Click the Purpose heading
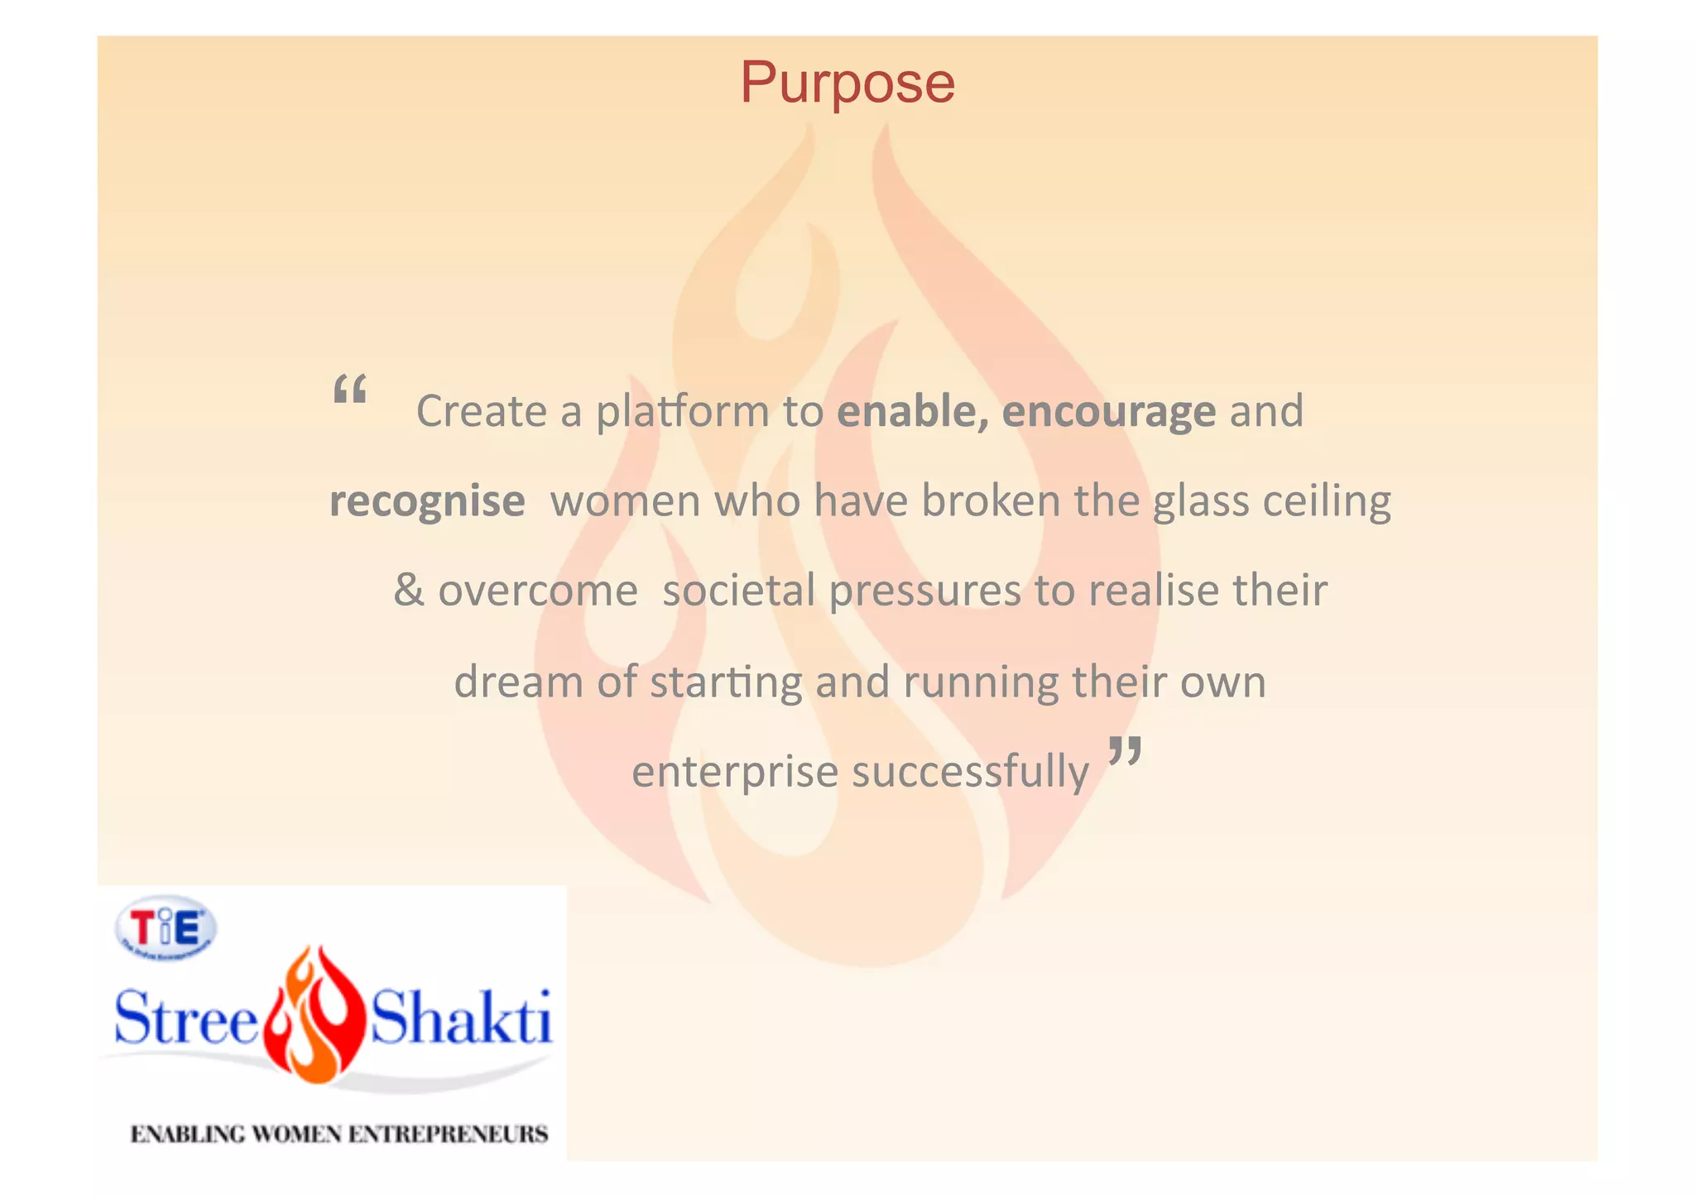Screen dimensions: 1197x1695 847,84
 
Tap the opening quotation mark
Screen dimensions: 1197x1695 349,389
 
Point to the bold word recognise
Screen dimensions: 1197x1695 427,501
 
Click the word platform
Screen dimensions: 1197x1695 683,411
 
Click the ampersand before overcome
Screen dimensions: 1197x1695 409,591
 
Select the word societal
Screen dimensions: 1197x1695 739,591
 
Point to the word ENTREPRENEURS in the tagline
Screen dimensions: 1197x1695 448,1134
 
